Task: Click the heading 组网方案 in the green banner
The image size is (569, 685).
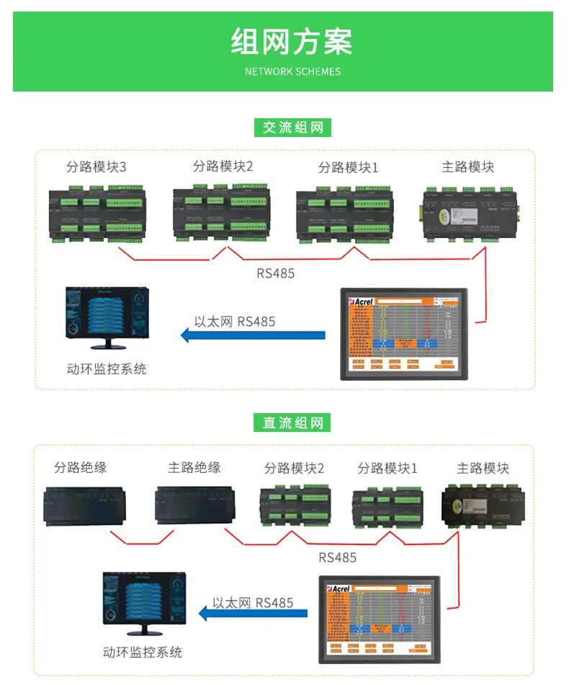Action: (292, 42)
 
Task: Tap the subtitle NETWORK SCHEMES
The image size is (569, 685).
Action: (292, 71)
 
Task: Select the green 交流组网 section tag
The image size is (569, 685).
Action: (292, 128)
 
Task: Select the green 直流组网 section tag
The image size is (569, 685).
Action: (292, 423)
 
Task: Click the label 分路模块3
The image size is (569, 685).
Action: (96, 167)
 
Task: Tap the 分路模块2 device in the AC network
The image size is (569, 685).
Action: (220, 213)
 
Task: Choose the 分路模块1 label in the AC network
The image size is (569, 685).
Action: (348, 168)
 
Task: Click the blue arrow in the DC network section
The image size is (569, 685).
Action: (253, 614)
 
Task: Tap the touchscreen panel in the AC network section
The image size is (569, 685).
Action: (404, 334)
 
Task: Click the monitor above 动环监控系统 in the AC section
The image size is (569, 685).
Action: (107, 318)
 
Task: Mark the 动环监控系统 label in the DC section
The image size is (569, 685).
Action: (142, 653)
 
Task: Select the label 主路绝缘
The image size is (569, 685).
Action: (194, 468)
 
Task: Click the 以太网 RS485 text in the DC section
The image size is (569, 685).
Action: (253, 602)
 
